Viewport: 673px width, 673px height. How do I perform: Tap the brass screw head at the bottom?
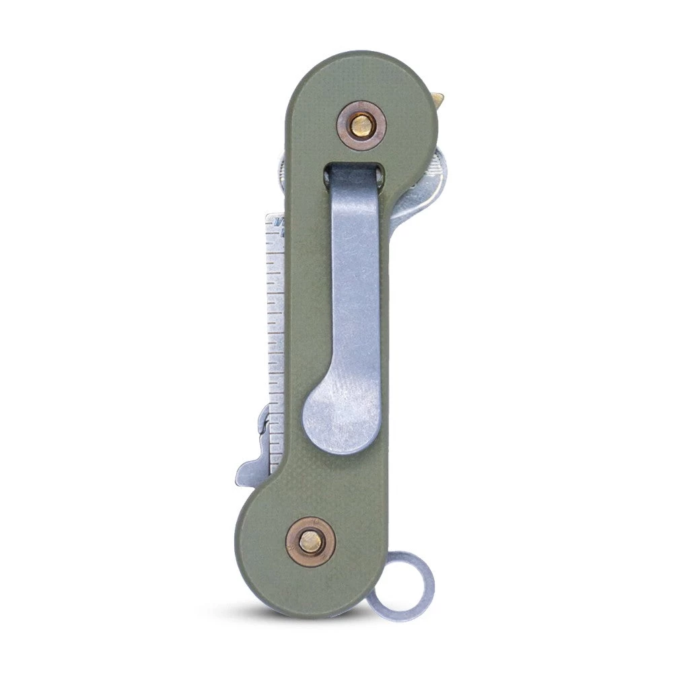(310, 541)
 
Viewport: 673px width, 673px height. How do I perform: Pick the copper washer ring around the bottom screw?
(296, 532)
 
